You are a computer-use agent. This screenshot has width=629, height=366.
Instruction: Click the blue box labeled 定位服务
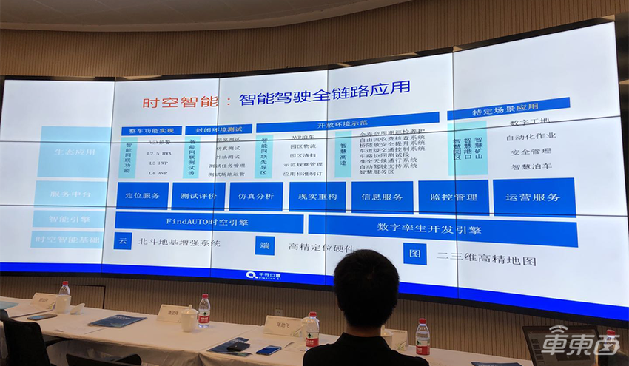tap(142, 196)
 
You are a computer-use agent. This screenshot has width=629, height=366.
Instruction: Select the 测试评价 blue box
tap(198, 196)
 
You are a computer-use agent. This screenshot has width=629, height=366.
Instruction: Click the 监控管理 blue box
tap(452, 197)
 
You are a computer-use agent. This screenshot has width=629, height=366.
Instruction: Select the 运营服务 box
tap(533, 197)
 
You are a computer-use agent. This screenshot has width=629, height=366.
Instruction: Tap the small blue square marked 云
tap(123, 241)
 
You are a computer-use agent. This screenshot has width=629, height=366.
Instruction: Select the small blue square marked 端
tap(264, 246)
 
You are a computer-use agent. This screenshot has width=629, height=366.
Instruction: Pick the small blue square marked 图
tap(414, 254)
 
